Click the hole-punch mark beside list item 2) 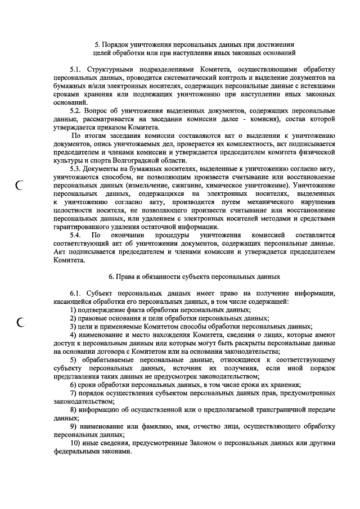click(x=22, y=322)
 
